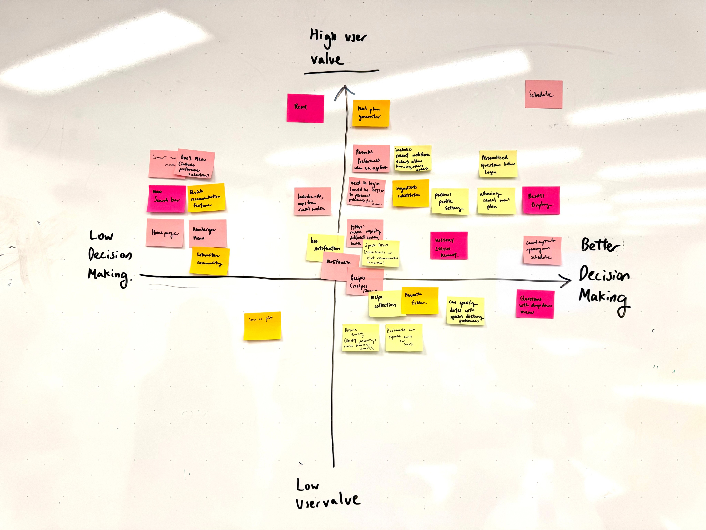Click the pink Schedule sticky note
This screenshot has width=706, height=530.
pyautogui.click(x=543, y=94)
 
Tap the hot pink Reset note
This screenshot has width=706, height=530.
pyautogui.click(x=305, y=108)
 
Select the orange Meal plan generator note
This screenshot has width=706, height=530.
pyautogui.click(x=371, y=113)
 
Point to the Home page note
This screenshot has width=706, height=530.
pyautogui.click(x=165, y=233)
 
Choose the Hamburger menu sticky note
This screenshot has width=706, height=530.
pyautogui.click(x=208, y=233)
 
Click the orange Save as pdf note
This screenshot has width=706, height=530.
pyautogui.click(x=262, y=326)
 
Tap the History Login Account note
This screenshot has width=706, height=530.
pyautogui.click(x=449, y=245)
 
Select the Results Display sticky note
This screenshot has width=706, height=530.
pyautogui.click(x=541, y=200)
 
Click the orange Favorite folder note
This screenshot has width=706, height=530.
pyautogui.click(x=419, y=300)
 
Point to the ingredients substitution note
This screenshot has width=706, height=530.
pyautogui.click(x=410, y=193)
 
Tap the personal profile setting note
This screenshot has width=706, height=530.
pyautogui.click(x=450, y=202)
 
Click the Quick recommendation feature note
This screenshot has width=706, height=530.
pyautogui.click(x=206, y=197)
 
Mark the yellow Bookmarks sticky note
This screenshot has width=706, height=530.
pyautogui.click(x=404, y=338)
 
